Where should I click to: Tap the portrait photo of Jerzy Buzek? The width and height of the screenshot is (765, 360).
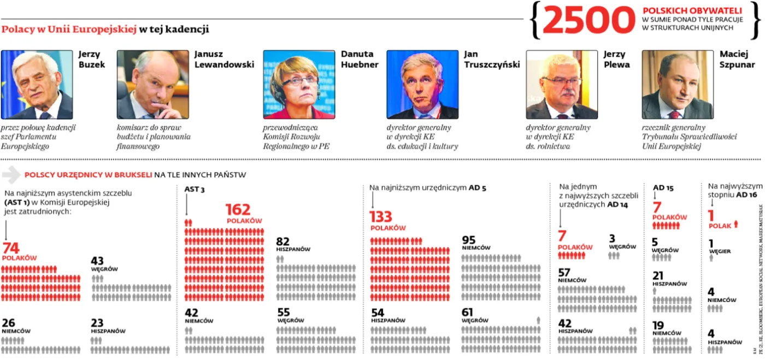pos(37,85)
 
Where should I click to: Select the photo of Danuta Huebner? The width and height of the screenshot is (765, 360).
pos(299,85)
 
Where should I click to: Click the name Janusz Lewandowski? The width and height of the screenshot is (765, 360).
pos(224,59)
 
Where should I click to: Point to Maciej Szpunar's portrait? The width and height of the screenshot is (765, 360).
pos(678,85)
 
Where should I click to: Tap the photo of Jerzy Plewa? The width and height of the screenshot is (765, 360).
pos(562,85)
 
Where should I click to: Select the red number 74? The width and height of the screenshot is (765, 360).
pos(11,249)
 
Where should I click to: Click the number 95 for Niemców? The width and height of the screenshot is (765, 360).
pos(468,240)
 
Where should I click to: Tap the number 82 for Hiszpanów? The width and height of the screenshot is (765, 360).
pos(283,241)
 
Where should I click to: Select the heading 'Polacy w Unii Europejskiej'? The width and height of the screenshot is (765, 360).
pos(69,29)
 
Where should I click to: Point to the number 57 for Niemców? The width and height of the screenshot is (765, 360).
pos(564,272)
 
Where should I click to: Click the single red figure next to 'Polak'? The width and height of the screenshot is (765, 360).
pos(736,223)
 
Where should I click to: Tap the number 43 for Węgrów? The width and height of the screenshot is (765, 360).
pos(97,261)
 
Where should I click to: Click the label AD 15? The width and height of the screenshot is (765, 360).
pos(663,187)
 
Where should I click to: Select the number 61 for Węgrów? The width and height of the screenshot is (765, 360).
pos(468,312)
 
